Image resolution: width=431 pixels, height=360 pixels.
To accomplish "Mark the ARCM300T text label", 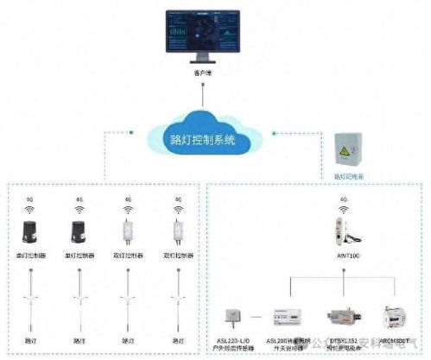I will pos(395,339).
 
